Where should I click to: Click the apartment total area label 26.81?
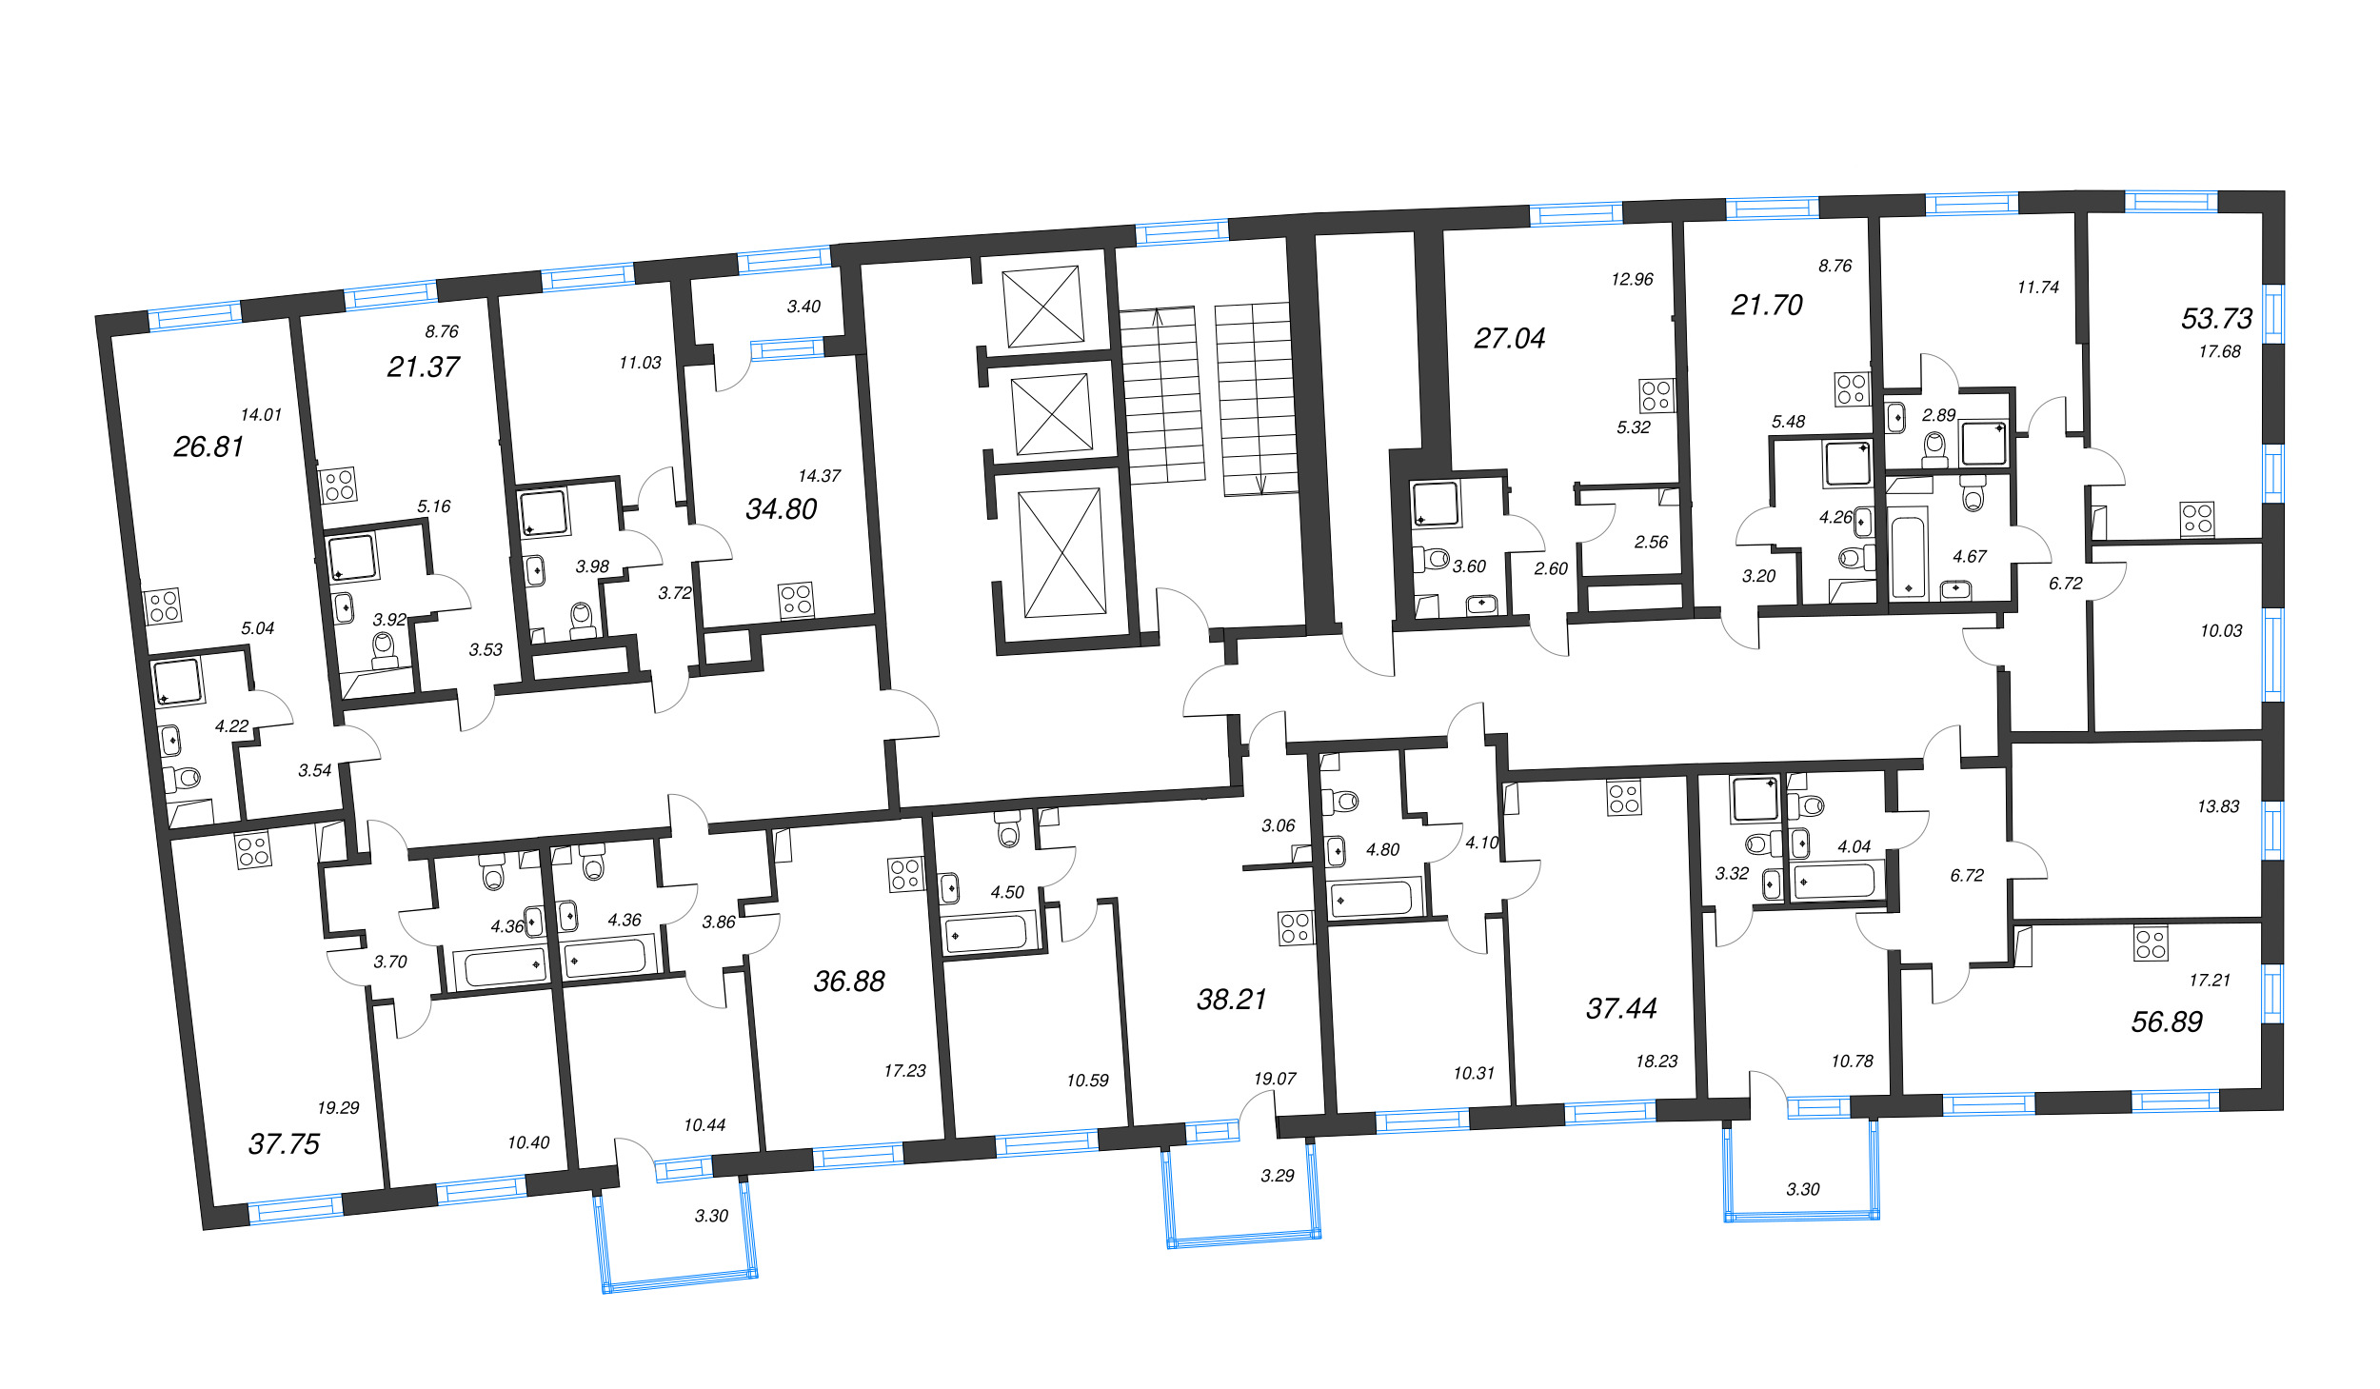[208, 446]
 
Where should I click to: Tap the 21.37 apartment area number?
[423, 367]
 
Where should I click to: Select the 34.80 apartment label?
[781, 509]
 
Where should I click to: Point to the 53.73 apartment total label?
[2216, 318]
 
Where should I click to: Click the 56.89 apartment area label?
[2166, 1022]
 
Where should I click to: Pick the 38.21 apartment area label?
[1231, 999]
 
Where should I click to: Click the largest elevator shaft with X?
[1062, 553]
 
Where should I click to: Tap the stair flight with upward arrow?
[1161, 395]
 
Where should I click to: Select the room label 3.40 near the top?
[803, 307]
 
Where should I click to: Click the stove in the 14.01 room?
[163, 606]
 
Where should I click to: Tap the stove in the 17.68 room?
[2197, 519]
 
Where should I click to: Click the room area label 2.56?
[1651, 542]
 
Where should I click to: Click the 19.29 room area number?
[338, 1107]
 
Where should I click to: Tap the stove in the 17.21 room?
[2151, 943]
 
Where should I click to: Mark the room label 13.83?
[2217, 806]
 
